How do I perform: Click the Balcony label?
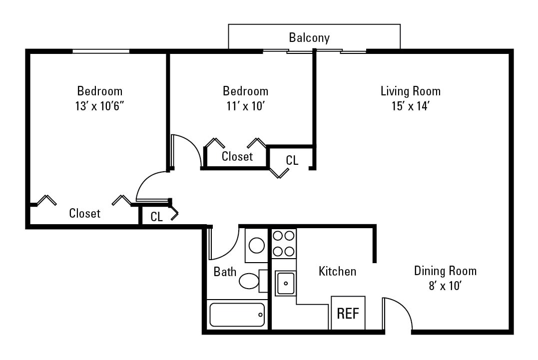pyautogui.click(x=309, y=37)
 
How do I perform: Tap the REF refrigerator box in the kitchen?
pyautogui.click(x=348, y=314)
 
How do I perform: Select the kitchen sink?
pyautogui.click(x=285, y=283)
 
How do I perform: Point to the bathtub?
pyautogui.click(x=237, y=315)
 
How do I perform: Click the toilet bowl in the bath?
pyautogui.click(x=249, y=281)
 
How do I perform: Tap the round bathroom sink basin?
pyautogui.click(x=257, y=245)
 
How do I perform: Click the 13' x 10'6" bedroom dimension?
pyautogui.click(x=99, y=106)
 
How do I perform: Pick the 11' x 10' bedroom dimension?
pyautogui.click(x=245, y=106)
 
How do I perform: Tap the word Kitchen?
pyautogui.click(x=338, y=271)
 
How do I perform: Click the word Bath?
pyautogui.click(x=225, y=272)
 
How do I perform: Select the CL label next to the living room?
pyautogui.click(x=292, y=160)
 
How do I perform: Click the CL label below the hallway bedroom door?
pyautogui.click(x=157, y=217)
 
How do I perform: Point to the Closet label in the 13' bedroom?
pyautogui.click(x=84, y=213)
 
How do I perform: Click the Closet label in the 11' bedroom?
pyautogui.click(x=237, y=156)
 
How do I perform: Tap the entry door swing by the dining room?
pyautogui.click(x=398, y=314)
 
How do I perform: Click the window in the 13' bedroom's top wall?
pyautogui.click(x=101, y=51)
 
